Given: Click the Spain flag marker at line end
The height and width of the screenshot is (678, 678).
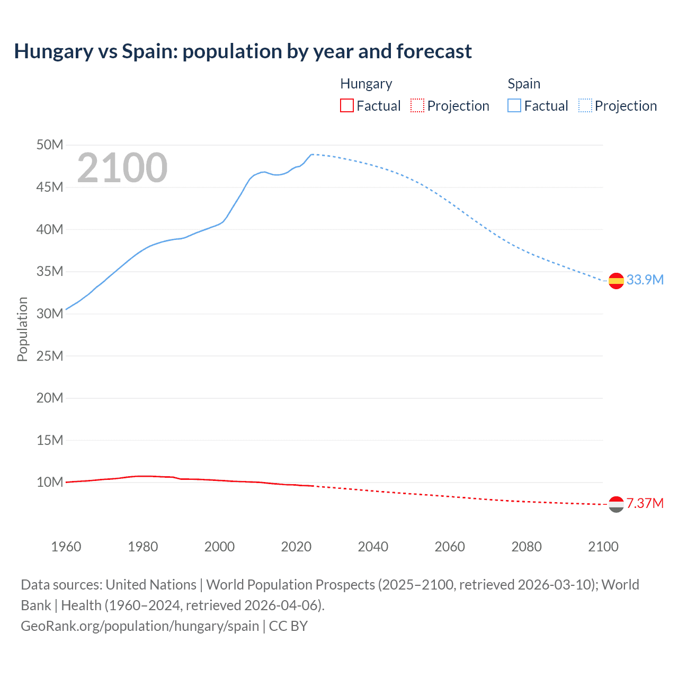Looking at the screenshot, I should (616, 281).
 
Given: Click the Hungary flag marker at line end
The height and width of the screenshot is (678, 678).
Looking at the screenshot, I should (616, 504).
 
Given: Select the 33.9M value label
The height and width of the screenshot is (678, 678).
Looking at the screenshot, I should (645, 280).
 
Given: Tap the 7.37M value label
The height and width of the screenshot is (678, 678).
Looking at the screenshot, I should (645, 503).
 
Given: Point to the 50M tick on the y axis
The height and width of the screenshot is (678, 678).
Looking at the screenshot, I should (50, 145).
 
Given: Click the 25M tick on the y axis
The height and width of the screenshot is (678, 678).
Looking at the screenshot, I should (50, 356).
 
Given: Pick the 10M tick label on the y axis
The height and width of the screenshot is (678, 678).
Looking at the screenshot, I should (50, 482).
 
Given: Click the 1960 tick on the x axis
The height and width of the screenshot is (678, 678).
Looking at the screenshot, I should (66, 547).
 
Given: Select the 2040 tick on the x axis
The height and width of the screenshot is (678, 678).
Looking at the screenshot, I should (373, 547).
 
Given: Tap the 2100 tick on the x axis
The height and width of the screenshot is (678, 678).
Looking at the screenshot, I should (603, 547).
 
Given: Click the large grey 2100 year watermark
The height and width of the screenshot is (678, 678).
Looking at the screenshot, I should (122, 168).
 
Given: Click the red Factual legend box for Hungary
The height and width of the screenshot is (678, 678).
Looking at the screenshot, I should (346, 105).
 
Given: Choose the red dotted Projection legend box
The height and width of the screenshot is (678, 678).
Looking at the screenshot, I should (417, 105).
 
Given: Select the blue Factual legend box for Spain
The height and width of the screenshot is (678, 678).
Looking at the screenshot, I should (514, 105).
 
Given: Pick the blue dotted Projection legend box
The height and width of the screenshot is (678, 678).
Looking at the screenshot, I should (585, 105).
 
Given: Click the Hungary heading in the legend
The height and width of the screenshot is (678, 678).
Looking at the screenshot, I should (366, 84).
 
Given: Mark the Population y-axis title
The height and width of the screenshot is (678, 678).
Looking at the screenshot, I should (22, 329).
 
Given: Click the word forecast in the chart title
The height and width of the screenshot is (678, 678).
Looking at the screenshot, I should (434, 51).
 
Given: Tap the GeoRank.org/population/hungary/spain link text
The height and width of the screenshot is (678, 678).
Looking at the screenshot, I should (140, 626).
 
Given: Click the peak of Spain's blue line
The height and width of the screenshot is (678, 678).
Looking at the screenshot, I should (312, 154).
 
